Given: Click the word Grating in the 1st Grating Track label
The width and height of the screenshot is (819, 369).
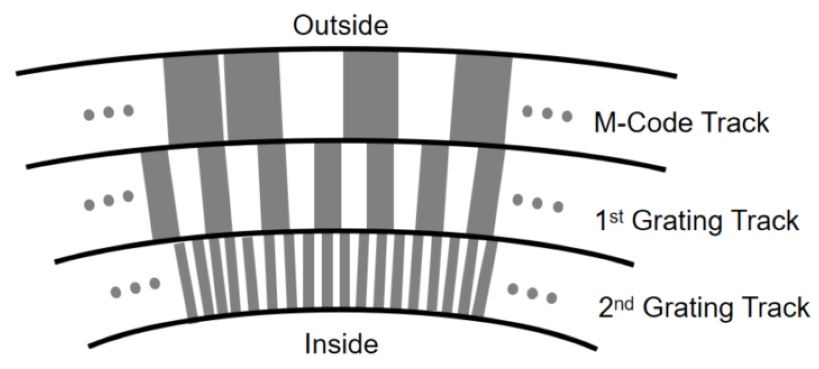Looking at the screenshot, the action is click(x=682, y=221).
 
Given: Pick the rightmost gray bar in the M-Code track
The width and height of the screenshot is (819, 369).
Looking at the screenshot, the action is click(x=482, y=100).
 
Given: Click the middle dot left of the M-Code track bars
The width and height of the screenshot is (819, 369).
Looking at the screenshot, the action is click(x=108, y=113).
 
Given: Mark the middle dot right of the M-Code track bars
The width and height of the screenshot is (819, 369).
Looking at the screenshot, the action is click(x=547, y=113).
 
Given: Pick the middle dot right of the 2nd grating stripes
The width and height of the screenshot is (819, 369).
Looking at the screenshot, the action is click(x=533, y=293).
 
